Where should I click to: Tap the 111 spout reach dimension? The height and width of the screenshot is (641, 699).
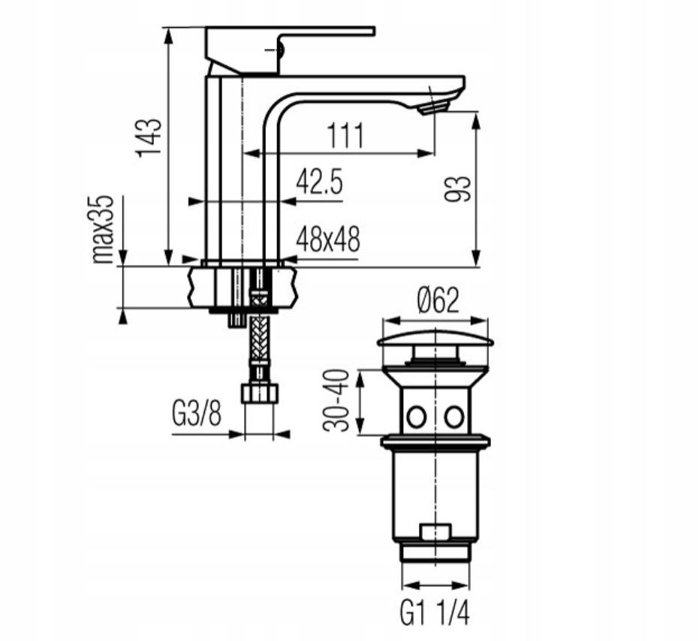pyautogui.click(x=346, y=136)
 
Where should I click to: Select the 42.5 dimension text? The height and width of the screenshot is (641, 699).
pyautogui.click(x=320, y=182)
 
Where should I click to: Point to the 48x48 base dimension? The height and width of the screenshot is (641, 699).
pyautogui.click(x=327, y=239)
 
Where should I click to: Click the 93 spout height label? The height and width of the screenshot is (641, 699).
pyautogui.click(x=458, y=189)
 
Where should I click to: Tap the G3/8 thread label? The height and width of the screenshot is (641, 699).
pyautogui.click(x=197, y=414)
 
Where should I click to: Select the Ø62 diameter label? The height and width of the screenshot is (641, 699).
pyautogui.click(x=438, y=299)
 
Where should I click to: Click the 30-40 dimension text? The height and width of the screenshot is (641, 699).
pyautogui.click(x=336, y=401)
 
